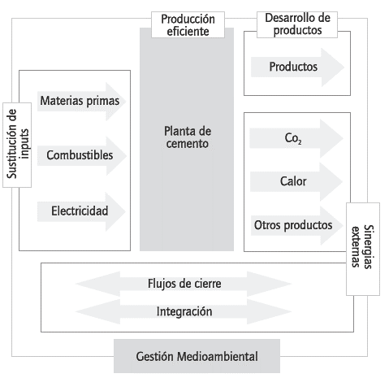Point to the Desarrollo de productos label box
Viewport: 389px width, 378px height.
(x=294, y=24)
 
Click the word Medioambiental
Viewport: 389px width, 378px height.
(x=214, y=357)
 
